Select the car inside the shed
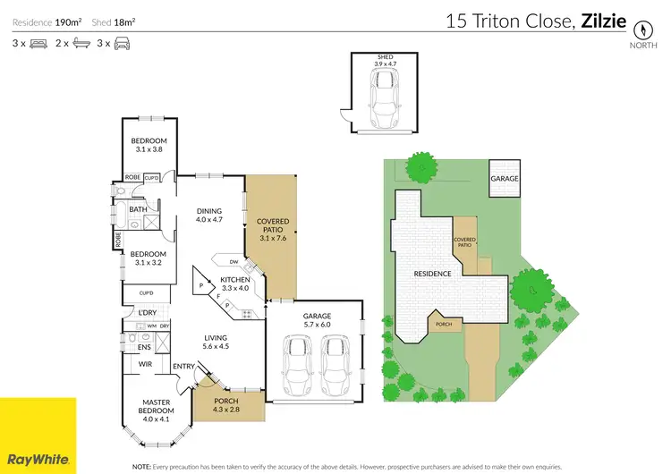coord(384,95)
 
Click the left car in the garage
coord(295,367)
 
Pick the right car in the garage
coord(333,367)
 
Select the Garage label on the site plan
coord(504,179)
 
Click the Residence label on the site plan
coord(431,273)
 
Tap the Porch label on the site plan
coord(443,324)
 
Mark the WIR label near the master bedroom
coord(144,365)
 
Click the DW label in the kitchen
coord(233,262)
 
